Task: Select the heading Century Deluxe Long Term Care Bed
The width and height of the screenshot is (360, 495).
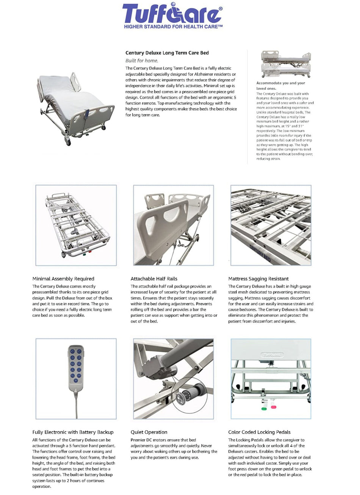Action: coord(167,53)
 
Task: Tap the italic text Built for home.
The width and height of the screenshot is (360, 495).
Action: coord(142,61)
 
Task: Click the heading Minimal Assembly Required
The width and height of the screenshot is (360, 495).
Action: coord(63,279)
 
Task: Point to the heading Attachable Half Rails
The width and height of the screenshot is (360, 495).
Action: coord(154,279)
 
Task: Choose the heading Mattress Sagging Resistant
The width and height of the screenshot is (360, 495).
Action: coord(258,279)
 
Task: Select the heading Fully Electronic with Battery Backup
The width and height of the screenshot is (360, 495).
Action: coord(73,432)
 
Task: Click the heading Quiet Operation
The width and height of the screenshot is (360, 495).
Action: coord(149,432)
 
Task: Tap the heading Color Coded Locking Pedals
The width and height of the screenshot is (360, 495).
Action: coord(259,432)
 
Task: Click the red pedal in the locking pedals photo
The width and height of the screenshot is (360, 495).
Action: coord(273,407)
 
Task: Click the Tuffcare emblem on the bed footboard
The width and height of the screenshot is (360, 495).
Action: coord(271,355)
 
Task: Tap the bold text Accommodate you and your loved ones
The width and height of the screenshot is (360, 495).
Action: coord(280,85)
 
